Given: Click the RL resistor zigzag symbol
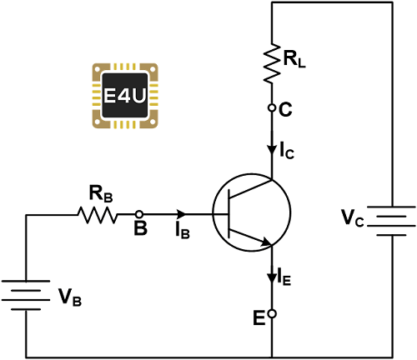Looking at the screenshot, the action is click(x=272, y=62).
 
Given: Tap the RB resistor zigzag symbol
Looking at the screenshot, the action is click(x=98, y=215).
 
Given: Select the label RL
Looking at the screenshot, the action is click(x=294, y=59).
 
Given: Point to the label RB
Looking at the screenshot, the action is click(x=101, y=193).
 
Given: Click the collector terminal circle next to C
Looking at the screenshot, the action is click(x=272, y=107).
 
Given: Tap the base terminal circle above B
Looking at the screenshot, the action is click(x=139, y=214).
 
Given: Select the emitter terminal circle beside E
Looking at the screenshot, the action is click(x=272, y=313).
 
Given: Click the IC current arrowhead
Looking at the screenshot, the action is click(x=272, y=150).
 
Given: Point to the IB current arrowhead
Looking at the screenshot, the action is click(x=181, y=214).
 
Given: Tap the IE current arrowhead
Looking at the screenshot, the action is click(x=272, y=277).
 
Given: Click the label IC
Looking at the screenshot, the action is click(x=287, y=151).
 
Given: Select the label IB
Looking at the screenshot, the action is click(x=183, y=231).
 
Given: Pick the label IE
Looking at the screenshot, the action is click(x=284, y=277).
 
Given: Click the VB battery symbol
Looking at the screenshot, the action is click(x=26, y=295).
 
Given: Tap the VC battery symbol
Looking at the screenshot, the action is click(x=391, y=221).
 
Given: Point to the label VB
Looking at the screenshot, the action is click(x=70, y=297).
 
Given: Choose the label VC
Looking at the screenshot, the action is click(x=353, y=218).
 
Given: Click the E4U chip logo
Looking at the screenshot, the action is click(x=125, y=96).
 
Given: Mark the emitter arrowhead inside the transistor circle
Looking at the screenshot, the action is click(x=266, y=242).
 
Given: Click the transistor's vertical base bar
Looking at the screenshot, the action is click(x=229, y=213).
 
